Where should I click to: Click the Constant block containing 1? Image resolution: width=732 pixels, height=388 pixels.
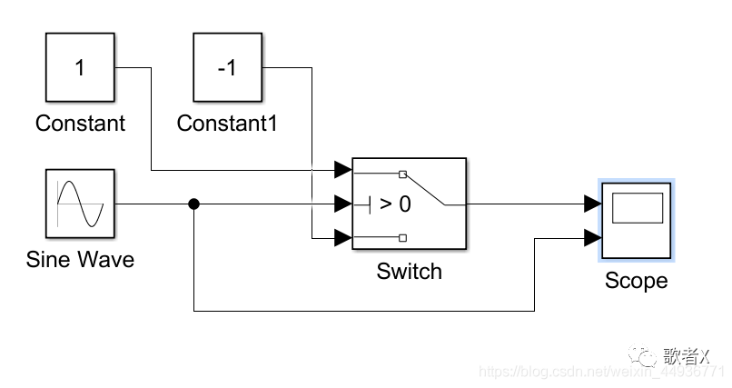coord(80,67)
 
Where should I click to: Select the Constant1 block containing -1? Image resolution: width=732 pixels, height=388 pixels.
coord(227,67)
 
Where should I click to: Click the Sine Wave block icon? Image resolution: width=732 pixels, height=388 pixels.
coord(80,204)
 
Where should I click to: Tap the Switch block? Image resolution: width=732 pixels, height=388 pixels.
coord(409,204)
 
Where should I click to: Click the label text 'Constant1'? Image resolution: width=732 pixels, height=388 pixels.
coord(226,123)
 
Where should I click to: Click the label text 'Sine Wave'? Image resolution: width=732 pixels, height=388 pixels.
coord(80,260)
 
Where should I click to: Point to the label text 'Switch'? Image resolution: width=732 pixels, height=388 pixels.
coord(409,271)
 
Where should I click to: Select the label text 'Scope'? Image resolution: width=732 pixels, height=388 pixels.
coord(636,281)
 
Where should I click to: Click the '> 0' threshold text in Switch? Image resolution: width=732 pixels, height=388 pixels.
coord(394,204)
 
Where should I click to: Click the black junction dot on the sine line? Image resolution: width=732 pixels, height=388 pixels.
coord(193,204)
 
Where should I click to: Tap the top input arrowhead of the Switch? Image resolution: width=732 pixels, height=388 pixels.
coord(342,170)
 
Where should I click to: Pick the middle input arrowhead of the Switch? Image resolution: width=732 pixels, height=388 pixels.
coord(342,204)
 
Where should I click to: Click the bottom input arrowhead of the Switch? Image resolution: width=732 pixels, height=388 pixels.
coord(342,238)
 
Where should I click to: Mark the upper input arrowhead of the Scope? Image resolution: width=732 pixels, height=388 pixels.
coord(591,204)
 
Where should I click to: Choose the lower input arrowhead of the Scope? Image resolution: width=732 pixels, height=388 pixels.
coord(591,239)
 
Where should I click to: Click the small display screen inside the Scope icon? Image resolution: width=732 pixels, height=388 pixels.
coord(636,208)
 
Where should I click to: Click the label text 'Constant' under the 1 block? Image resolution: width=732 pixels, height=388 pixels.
coord(80,123)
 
